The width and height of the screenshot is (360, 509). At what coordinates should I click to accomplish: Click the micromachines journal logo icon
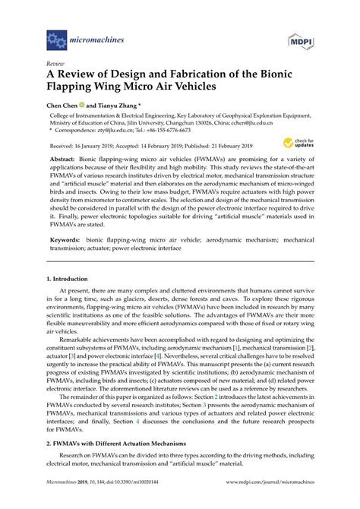(56, 36)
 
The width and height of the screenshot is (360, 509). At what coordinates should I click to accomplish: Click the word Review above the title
(55, 65)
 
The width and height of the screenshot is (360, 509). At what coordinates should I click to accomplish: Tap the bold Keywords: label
(67, 239)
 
